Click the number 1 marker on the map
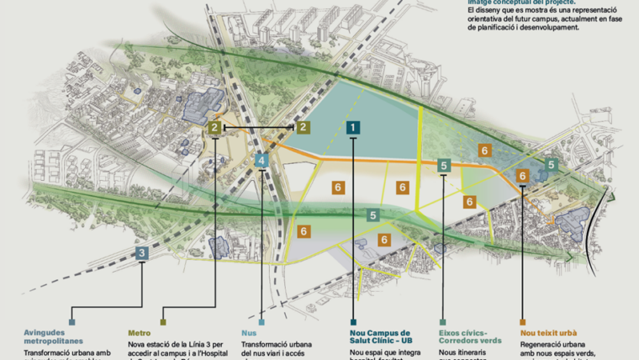tap(353, 127)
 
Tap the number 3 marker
tap(143, 252)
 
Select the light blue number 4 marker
tap(262, 160)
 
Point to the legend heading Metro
tap(140, 333)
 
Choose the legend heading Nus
tap(249, 333)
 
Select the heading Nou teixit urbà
tap(552, 333)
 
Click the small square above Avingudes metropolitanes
tap(72, 321)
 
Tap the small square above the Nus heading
tap(262, 321)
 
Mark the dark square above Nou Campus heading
tap(353, 321)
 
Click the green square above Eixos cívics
tap(443, 321)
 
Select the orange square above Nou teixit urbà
tap(523, 321)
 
